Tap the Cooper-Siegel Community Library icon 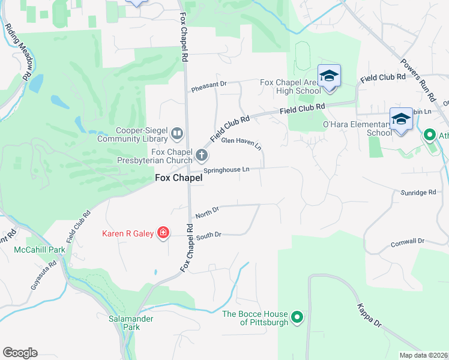(177, 133)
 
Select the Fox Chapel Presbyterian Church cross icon (201, 157)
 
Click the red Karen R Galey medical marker (163, 233)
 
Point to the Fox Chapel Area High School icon (329, 76)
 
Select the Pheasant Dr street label (208, 86)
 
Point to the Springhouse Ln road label (226, 170)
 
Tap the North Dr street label (206, 212)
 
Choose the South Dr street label (209, 236)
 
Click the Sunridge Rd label (418, 193)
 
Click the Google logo (20, 353)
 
